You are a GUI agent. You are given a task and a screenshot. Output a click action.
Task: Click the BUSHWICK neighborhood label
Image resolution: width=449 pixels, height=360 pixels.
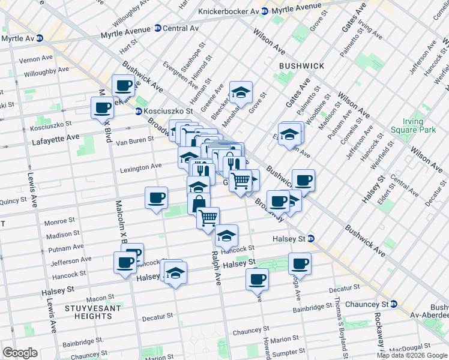(301, 66)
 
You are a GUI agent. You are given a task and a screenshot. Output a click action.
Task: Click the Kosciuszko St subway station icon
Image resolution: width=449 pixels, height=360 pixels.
(138, 111)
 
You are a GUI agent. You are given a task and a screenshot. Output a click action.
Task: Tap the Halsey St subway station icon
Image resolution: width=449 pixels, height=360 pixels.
(310, 239)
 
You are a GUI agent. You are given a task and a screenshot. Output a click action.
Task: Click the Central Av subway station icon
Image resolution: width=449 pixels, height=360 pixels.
(157, 28)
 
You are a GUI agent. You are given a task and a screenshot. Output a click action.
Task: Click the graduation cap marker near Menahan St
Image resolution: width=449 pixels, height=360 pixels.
(241, 92)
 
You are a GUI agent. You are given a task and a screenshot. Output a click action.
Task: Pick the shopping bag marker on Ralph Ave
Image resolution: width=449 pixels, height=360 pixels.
(198, 203)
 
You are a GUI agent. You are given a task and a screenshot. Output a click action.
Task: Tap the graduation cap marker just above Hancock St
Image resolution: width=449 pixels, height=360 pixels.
(226, 236)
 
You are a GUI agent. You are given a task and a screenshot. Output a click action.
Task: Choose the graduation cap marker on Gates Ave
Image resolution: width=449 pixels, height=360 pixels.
(289, 133)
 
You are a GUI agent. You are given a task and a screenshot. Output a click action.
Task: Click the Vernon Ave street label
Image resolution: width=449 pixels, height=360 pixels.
(36, 59)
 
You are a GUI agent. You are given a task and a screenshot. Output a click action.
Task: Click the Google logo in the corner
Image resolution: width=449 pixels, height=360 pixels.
(20, 353)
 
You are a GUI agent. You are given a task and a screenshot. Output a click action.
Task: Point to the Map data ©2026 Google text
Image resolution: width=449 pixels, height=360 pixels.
(412, 355)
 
